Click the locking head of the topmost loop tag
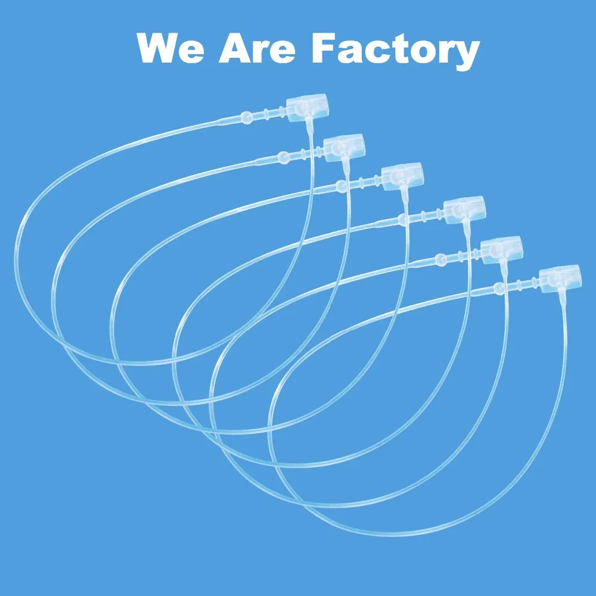click(308, 107)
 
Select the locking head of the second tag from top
click(344, 147)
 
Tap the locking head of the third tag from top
click(402, 175)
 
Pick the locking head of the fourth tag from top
click(464, 209)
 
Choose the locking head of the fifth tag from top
click(501, 247)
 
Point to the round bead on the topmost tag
click(246, 117)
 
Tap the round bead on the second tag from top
click(284, 157)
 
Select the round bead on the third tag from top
click(341, 186)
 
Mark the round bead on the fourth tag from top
click(403, 221)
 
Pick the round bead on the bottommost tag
click(498, 290)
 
